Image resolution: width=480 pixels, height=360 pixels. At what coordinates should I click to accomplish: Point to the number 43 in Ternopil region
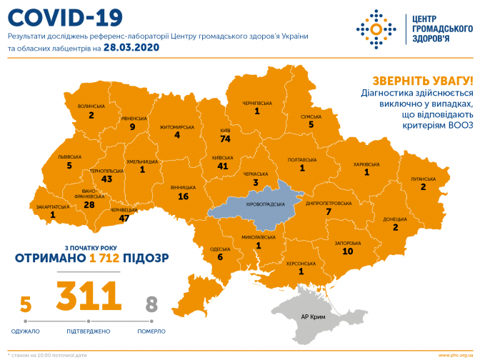coord(108,179)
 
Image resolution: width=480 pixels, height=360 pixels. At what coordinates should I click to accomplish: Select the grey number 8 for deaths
coord(151,305)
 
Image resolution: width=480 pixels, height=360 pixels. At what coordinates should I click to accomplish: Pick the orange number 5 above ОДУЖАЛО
coord(26,305)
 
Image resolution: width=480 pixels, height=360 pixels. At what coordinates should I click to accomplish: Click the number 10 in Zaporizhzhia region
coord(347,251)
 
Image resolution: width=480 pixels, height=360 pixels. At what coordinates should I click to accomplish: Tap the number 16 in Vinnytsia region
coord(183,196)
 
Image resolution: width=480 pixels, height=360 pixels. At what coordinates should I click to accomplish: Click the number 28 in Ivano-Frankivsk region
coord(89,205)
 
